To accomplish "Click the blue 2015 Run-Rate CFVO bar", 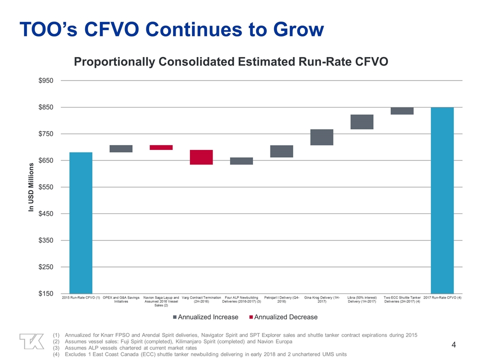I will [x=80, y=222].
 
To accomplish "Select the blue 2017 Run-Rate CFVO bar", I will [x=442, y=200].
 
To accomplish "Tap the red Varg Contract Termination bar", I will [x=201, y=157].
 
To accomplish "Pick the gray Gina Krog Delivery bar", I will [x=321, y=137].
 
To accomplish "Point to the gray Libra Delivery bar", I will [x=362, y=121].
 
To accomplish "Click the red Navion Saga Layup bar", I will [x=161, y=147].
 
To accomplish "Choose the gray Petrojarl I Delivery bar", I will [x=281, y=151].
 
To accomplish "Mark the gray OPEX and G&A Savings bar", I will [x=121, y=148].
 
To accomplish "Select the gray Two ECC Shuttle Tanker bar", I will [x=402, y=110].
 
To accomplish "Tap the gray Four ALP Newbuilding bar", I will [x=241, y=160].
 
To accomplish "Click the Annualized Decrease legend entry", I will [x=283, y=317].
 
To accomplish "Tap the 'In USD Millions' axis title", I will [x=31, y=187].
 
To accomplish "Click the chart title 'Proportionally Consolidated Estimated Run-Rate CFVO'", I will [x=231, y=61].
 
